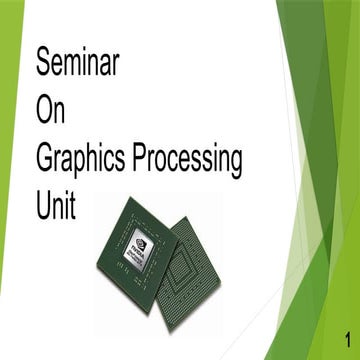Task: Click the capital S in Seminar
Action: point(44,64)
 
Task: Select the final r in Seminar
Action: point(116,66)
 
